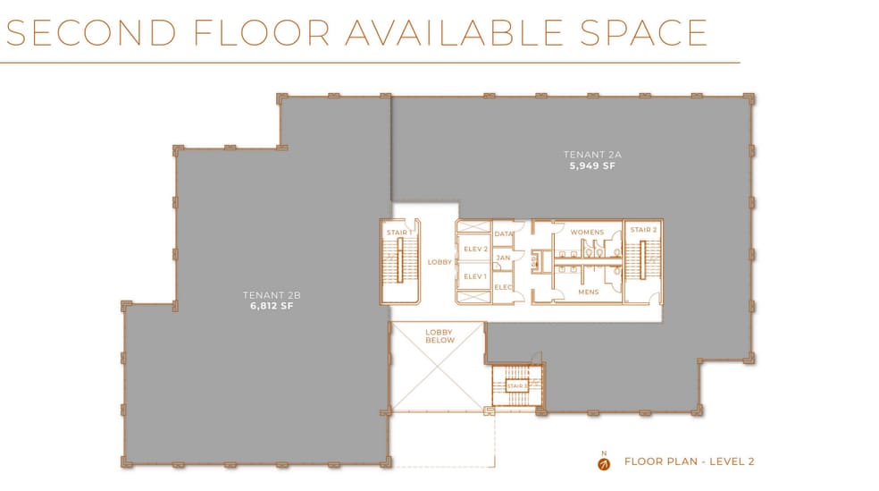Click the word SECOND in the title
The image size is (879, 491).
91,32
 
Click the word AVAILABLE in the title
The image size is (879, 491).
454,32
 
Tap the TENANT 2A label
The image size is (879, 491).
592,155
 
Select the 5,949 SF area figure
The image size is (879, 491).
592,165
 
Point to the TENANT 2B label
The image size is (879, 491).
272,294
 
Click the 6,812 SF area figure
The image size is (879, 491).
272,306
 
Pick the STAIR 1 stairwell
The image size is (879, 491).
399,262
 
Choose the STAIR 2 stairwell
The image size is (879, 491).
643,261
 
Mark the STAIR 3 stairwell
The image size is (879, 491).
517,386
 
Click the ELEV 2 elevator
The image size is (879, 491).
475,250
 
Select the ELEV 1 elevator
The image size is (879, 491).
475,276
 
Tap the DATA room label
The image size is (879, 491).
504,233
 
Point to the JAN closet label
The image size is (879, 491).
504,258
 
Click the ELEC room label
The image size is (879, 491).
504,287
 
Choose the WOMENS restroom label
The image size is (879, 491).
587,232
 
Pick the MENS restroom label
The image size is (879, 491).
589,292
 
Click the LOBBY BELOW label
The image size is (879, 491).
439,336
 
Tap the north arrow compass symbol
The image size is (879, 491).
604,464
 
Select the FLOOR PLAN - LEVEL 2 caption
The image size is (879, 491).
690,461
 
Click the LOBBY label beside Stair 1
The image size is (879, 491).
439,262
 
